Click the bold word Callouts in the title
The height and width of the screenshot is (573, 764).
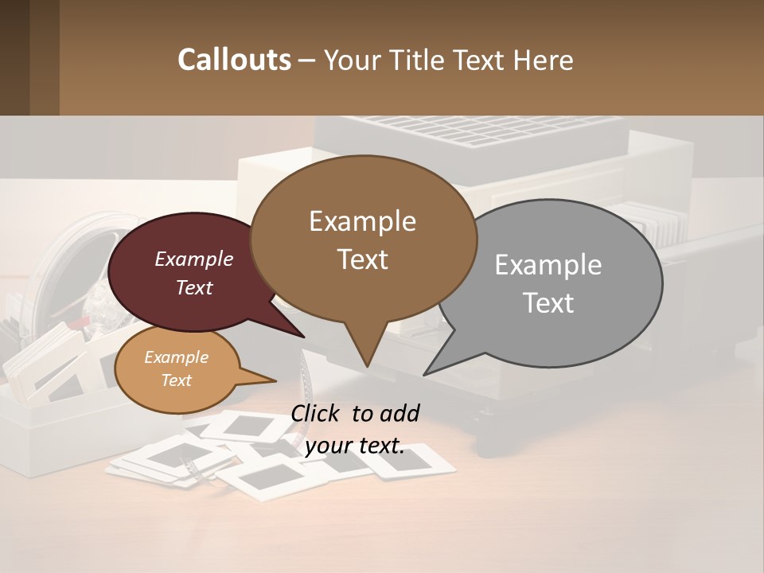234,60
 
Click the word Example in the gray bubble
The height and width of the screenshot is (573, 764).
548,265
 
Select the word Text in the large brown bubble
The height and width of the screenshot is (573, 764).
363,259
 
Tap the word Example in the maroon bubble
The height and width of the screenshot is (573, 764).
193,259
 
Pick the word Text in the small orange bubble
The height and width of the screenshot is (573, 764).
176,380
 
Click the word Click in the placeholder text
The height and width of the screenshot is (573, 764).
316,413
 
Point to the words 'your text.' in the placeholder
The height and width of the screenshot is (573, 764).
354,446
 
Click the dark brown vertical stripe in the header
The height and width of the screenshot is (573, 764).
44,57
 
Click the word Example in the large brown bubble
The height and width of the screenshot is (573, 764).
362,221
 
